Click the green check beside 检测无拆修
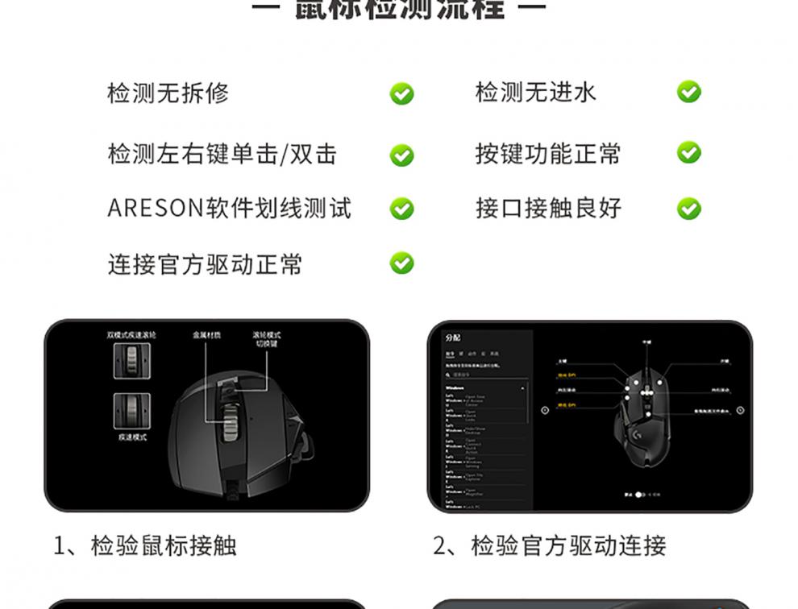(401, 93)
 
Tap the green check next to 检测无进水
(688, 92)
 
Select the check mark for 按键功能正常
(688, 152)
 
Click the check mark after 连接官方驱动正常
(401, 263)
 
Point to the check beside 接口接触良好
(688, 209)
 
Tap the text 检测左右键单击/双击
(222, 154)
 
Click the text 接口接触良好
(548, 209)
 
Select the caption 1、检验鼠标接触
(145, 545)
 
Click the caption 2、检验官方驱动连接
(550, 545)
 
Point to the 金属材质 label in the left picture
(206, 334)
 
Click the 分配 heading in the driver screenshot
(452, 338)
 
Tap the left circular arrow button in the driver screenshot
(545, 410)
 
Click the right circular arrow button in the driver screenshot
(740, 410)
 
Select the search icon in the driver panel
(450, 375)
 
